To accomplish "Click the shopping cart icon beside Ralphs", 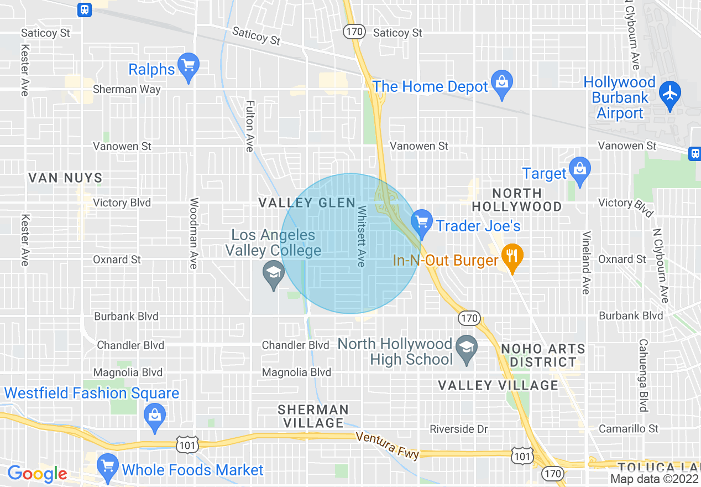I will point(189,66).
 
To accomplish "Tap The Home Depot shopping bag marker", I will point(502,84).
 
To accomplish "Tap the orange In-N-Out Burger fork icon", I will point(512,256).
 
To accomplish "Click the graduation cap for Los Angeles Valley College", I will point(273,273).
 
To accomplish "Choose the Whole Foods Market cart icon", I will point(107,466).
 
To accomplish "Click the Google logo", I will point(37,474).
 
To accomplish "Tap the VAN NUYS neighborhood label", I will point(65,178).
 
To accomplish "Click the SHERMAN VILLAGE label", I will point(313,416).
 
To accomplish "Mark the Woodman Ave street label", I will point(193,234).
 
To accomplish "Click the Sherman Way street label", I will point(127,89).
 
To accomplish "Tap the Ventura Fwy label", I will point(387,444).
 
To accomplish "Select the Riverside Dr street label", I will point(459,429).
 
